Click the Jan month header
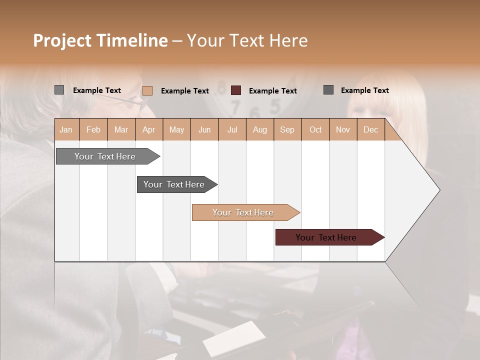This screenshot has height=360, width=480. pos(66,129)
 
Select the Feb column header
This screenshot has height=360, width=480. pos(93,129)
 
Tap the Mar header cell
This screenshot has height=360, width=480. pos(121,129)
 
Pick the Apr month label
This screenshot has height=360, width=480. pos(149,129)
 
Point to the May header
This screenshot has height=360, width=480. pos(176,129)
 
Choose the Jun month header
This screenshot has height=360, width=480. pos(204,129)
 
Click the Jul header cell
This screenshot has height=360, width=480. pos(232,129)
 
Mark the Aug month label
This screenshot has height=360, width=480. pos(260,129)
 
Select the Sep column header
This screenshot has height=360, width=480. pos(287,129)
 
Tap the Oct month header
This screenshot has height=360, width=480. pos(315,129)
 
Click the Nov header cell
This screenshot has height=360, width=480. pos(343,129)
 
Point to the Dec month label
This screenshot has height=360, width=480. pos(371,129)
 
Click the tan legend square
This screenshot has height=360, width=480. pos(147,90)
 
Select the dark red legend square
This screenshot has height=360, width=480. pos(236,90)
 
